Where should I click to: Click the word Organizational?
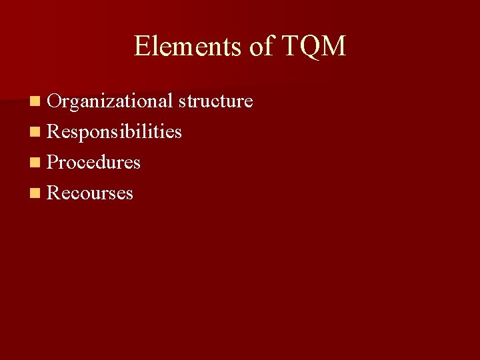pyautogui.click(x=110, y=101)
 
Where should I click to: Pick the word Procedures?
pyautogui.click(x=94, y=163)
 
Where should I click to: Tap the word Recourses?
pyautogui.click(x=91, y=193)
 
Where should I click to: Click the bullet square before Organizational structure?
pyautogui.click(x=35, y=102)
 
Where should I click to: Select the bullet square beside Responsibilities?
pyautogui.click(x=35, y=133)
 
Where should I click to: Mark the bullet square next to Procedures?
pyautogui.click(x=35, y=163)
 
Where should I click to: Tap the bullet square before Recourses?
pyautogui.click(x=35, y=194)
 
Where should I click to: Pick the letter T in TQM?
pyautogui.click(x=291, y=46)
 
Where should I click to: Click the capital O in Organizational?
pyautogui.click(x=54, y=101)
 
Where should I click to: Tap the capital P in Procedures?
pyautogui.click(x=53, y=163)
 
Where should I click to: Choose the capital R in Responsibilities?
pyautogui.click(x=53, y=132)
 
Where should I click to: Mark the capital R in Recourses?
pyautogui.click(x=53, y=193)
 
